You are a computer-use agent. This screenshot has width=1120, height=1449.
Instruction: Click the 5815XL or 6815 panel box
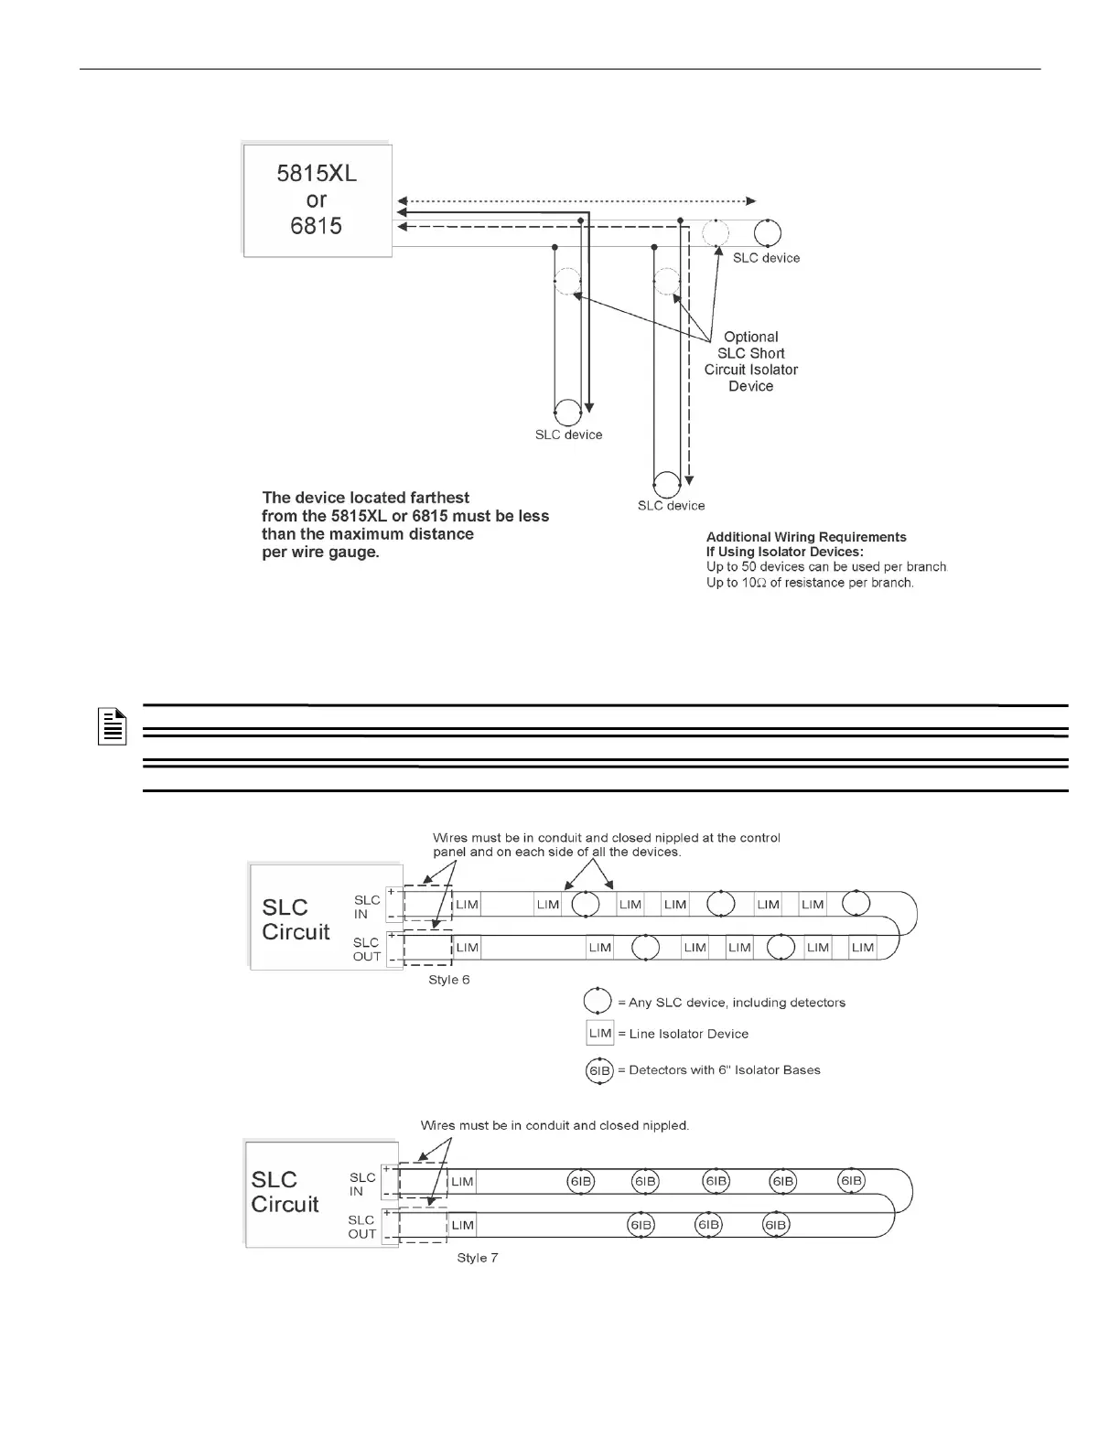[317, 199]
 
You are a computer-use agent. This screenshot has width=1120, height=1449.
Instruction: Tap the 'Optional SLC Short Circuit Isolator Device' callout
[750, 361]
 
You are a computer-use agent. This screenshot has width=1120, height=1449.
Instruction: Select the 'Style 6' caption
[449, 980]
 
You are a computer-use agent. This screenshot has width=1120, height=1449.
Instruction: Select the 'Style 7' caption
[478, 1258]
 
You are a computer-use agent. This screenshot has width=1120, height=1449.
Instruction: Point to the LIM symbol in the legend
[600, 1034]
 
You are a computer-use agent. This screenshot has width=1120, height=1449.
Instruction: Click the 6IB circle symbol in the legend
[599, 1070]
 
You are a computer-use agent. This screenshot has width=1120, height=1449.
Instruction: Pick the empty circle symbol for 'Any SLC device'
[598, 1002]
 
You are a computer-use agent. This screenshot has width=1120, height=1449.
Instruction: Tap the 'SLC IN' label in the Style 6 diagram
[367, 907]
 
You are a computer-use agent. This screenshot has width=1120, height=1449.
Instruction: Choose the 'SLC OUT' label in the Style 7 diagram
[361, 1227]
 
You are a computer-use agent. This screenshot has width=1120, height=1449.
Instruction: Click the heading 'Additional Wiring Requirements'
[806, 537]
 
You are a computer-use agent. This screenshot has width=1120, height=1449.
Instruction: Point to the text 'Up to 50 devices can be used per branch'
[826, 567]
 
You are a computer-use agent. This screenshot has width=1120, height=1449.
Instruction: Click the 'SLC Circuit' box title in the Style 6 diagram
[296, 919]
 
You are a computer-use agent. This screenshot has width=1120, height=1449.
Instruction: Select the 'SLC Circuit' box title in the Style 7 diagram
[285, 1192]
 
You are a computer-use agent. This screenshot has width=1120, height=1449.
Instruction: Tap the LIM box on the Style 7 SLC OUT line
[463, 1225]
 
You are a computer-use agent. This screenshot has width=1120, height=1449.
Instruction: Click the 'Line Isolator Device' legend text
[688, 1034]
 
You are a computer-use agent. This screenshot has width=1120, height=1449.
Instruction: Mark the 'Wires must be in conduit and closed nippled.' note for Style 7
[555, 1125]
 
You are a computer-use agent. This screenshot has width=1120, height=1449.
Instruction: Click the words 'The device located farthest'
[366, 498]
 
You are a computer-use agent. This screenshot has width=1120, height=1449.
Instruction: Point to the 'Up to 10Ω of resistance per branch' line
[810, 583]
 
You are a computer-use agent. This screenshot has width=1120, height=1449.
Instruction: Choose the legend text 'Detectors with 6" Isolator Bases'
[725, 1070]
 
